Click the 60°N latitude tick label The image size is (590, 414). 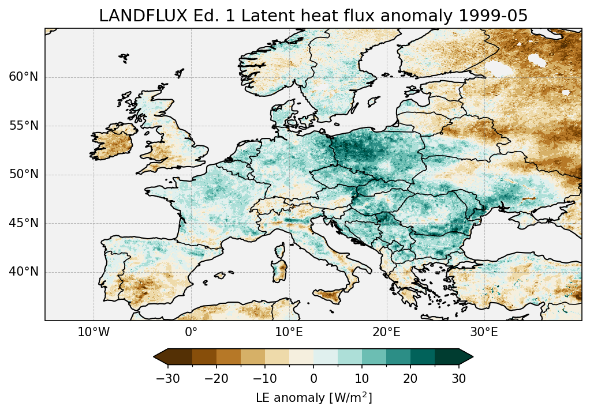(x=24, y=77)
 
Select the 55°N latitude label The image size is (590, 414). (x=24, y=126)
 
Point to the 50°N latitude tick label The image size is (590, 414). (x=24, y=174)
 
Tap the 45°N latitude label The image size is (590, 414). (x=24, y=223)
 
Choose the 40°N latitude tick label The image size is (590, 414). (x=24, y=272)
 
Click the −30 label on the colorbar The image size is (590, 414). (x=167, y=378)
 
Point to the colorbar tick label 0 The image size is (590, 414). (x=313, y=378)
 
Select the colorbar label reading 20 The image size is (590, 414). (x=410, y=378)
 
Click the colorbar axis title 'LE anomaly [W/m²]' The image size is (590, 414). (x=313, y=398)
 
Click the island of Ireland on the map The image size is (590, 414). (x=112, y=142)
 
